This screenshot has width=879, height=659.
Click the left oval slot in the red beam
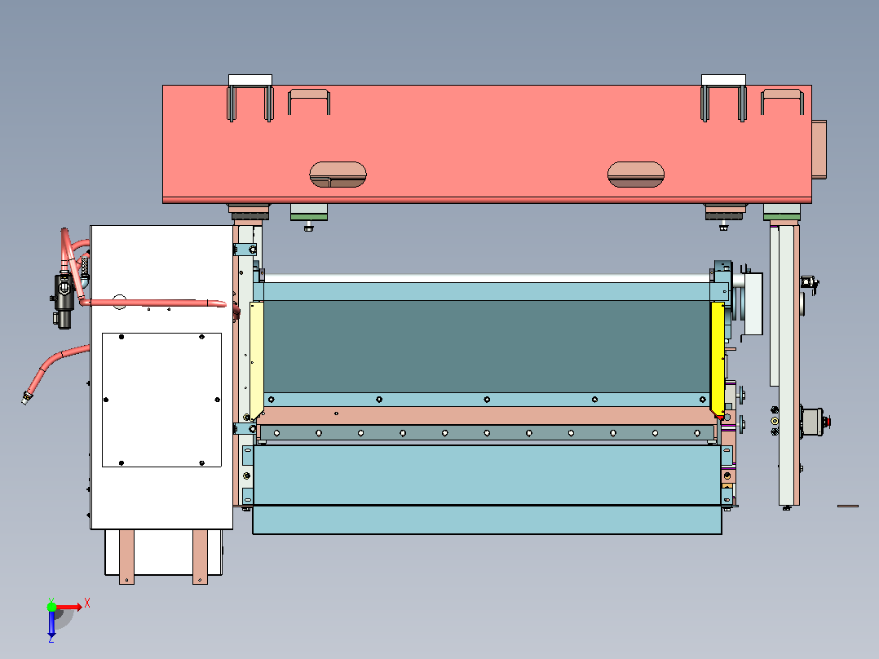click(x=338, y=175)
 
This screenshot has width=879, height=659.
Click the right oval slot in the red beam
click(x=636, y=175)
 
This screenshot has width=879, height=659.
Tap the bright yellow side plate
click(x=718, y=359)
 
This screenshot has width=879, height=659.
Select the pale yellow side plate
click(x=256, y=359)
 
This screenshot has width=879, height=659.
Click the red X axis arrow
click(x=70, y=607)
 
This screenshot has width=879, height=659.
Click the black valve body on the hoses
click(x=64, y=300)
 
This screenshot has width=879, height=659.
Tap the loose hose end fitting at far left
click(x=26, y=398)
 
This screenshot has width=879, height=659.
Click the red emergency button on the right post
click(x=828, y=421)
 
